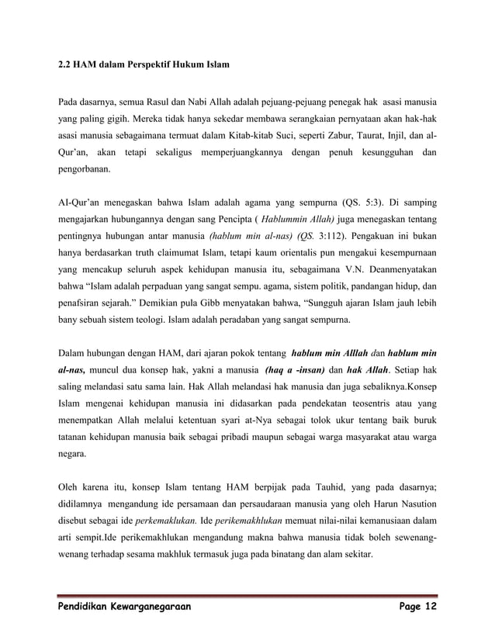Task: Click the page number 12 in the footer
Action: (x=429, y=605)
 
